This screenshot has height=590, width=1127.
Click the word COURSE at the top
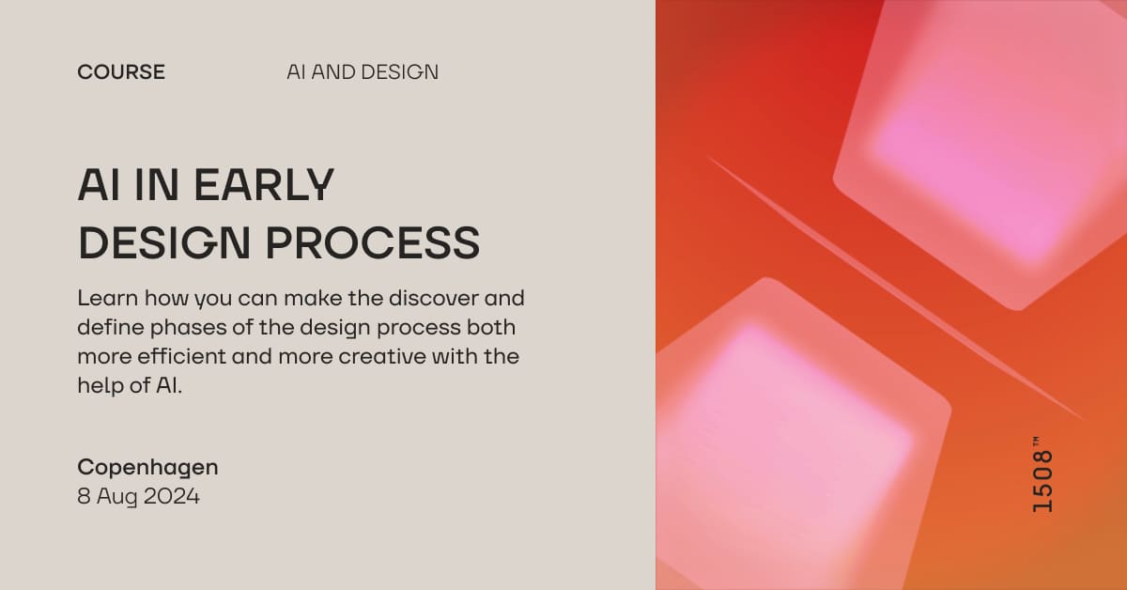point(121,72)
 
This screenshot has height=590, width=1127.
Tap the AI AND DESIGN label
point(363,72)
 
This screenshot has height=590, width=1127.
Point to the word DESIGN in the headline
point(163,242)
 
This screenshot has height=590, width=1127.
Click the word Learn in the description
point(107,299)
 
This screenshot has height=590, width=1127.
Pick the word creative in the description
point(389,357)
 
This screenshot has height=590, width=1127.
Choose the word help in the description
point(99,386)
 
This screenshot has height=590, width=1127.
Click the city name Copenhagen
point(147,467)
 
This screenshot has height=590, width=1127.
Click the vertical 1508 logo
point(1042,481)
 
